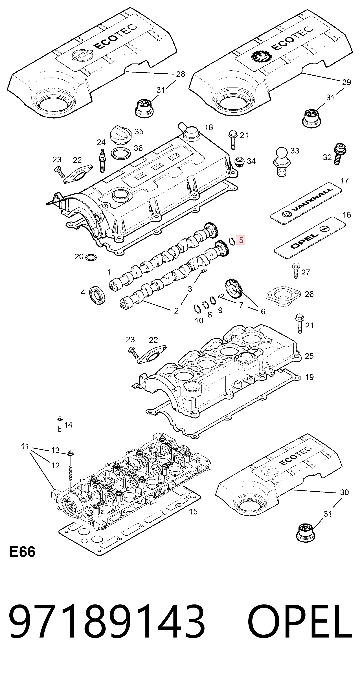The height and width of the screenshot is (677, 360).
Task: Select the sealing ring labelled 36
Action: [121, 154]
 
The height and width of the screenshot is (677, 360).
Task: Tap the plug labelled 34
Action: [239, 162]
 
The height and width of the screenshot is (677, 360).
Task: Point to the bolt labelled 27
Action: [295, 270]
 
